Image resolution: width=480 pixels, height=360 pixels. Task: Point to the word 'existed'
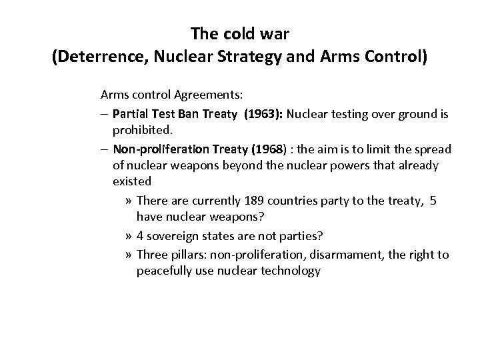(132, 181)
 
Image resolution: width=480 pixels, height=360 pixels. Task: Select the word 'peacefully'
(163, 271)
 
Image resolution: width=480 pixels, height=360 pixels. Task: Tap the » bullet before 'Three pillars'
(129, 254)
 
